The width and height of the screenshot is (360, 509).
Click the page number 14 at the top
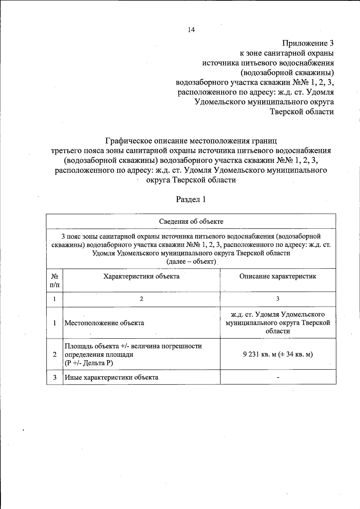[191, 30]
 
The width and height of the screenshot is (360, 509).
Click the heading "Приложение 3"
[308, 43]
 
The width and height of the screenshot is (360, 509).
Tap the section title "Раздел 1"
[191, 199]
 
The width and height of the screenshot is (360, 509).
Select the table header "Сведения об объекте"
[191, 222]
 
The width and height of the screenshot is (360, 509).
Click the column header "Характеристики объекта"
[141, 276]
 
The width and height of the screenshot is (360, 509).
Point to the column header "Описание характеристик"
[278, 276]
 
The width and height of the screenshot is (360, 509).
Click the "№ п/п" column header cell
[55, 280]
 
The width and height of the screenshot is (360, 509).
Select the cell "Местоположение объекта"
[104, 323]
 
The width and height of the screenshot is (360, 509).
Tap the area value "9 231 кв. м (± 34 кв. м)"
[278, 354]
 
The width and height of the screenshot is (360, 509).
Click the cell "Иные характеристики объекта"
[112, 377]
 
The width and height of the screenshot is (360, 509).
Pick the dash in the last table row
[278, 378]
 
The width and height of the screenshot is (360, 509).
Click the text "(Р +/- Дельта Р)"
[89, 363]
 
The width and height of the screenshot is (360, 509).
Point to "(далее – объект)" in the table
[191, 262]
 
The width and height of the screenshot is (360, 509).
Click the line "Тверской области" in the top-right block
[302, 112]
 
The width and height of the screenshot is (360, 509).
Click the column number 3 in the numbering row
[278, 299]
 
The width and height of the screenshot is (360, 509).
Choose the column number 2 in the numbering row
[141, 299]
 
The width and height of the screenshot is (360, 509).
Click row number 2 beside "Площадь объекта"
[55, 355]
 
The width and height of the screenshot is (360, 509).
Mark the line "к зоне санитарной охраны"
[286, 53]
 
